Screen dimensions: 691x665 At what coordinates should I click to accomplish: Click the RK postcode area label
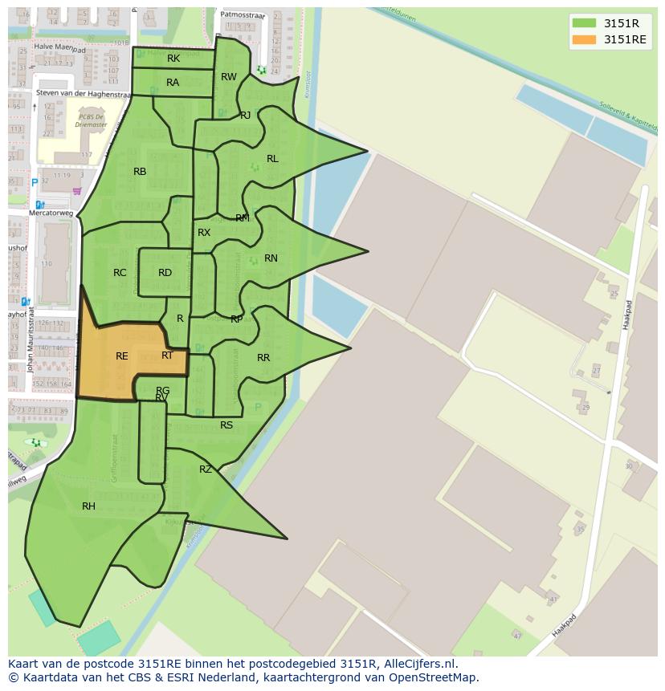click(x=173, y=59)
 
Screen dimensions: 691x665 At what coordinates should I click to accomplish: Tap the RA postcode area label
click(x=173, y=83)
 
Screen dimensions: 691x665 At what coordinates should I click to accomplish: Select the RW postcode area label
click(x=229, y=77)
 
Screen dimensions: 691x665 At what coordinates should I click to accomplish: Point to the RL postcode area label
click(x=272, y=159)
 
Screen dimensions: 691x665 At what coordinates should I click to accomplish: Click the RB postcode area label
click(x=140, y=172)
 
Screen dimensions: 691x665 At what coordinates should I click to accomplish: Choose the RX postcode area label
click(x=204, y=233)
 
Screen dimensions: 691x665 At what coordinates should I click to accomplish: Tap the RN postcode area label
click(x=271, y=258)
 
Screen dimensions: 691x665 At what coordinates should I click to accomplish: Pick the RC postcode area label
click(x=120, y=273)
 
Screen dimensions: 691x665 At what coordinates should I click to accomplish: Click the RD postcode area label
click(x=165, y=273)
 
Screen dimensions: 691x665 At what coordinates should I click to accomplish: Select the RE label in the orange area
click(x=122, y=356)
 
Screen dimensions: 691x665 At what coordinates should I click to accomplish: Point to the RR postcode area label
click(x=263, y=358)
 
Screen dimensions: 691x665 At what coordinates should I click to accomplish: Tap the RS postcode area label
click(x=226, y=425)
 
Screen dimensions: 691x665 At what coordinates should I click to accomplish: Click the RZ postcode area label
click(x=206, y=469)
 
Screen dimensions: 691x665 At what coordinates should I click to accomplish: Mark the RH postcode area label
click(x=88, y=506)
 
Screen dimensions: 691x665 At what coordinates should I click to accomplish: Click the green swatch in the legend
click(x=584, y=23)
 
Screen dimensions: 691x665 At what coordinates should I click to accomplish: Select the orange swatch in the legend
click(x=584, y=39)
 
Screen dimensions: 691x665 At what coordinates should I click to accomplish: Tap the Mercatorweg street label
click(x=51, y=213)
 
